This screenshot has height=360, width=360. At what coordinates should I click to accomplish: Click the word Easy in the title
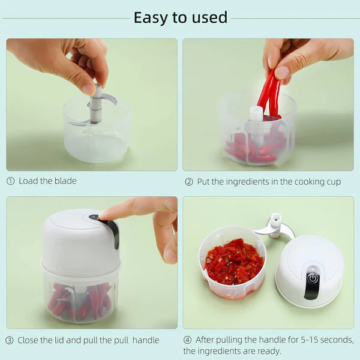149,18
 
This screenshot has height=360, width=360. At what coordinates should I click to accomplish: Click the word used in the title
209,18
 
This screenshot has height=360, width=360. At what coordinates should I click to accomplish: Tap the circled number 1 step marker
10,181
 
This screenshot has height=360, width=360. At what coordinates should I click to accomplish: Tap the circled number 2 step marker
188,182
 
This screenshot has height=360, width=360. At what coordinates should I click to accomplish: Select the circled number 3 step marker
10,340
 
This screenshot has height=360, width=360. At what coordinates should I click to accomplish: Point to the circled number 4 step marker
188,340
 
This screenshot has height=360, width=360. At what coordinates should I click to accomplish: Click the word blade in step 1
65,181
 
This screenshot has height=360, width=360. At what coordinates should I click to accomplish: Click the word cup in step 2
332,182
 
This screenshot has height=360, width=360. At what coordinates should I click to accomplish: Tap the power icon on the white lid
313,278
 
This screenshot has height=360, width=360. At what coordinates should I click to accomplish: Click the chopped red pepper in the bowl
233,262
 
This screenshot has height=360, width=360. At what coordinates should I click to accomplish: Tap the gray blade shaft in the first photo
95,108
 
